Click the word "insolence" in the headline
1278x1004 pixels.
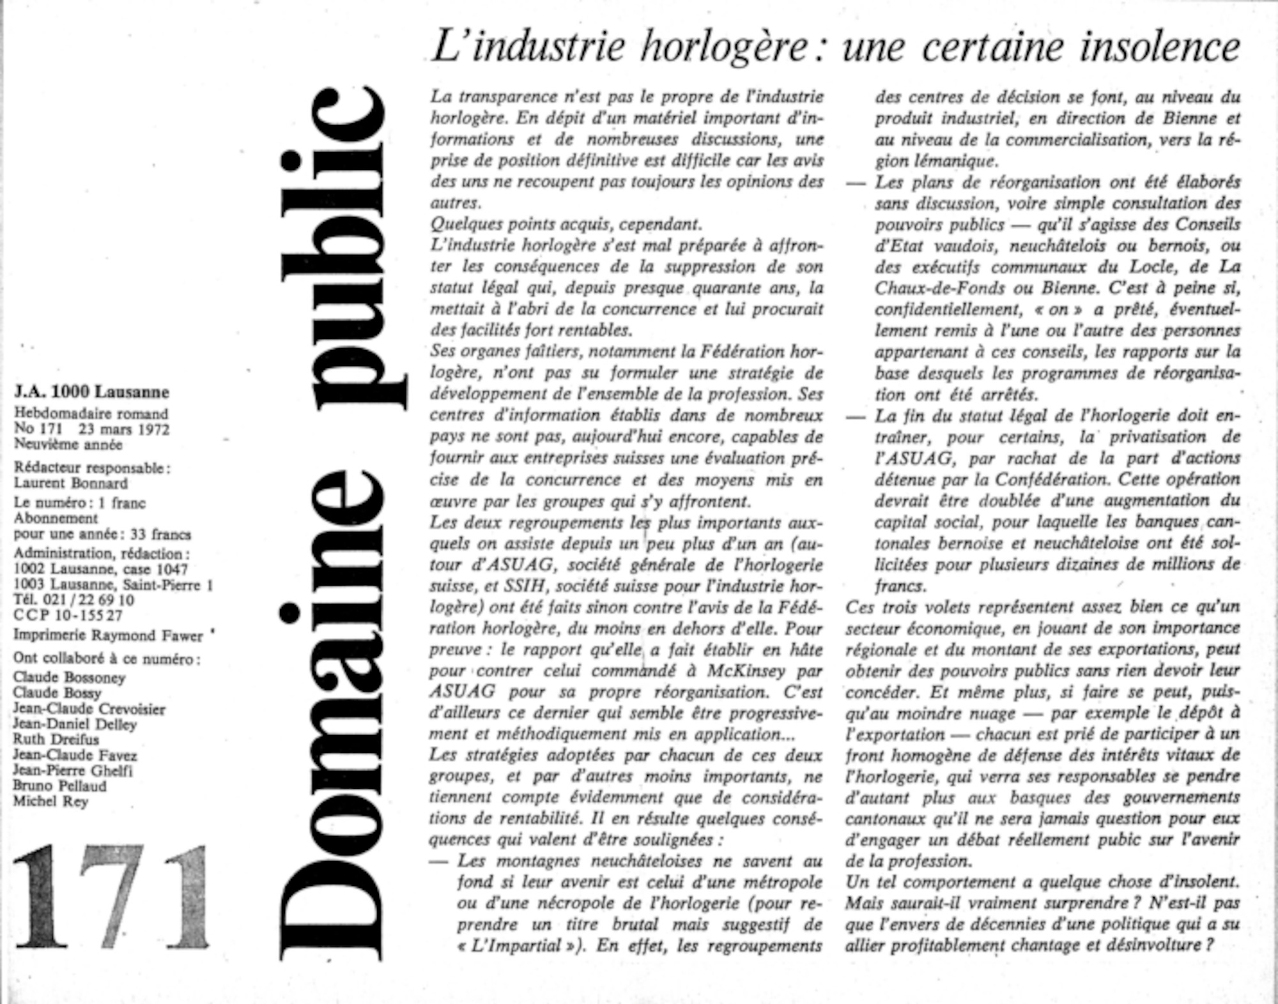click(1159, 47)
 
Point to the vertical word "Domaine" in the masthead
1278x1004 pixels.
click(332, 715)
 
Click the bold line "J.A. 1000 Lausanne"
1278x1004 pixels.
click(91, 392)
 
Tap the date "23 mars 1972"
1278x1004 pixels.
click(124, 429)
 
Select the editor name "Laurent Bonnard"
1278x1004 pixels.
click(71, 483)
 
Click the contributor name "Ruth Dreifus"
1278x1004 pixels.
click(56, 740)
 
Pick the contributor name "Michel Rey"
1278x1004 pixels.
click(50, 802)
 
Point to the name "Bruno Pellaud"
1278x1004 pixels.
click(59, 786)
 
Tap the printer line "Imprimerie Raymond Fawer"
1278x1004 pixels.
click(109, 635)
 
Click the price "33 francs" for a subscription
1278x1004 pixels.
click(160, 534)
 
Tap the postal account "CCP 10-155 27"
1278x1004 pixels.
click(68, 615)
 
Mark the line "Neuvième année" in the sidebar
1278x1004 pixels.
click(68, 444)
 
